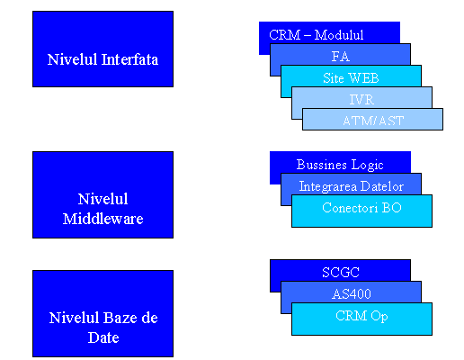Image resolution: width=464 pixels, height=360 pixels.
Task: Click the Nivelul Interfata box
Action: coord(103,49)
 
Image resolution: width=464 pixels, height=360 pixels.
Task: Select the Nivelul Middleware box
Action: coord(103,194)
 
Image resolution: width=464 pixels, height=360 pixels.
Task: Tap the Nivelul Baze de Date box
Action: coord(103,313)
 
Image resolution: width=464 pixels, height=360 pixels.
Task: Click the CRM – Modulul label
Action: coord(317,35)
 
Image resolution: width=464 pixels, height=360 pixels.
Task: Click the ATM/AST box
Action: coord(372,119)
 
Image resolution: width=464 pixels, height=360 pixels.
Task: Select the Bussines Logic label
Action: coord(340,165)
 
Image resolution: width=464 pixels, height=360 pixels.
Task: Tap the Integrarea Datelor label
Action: coord(352,186)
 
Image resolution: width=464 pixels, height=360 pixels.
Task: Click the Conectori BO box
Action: coord(361,211)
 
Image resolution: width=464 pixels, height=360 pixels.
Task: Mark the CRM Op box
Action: coord(361,319)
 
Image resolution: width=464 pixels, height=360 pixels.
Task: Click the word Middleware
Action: coord(103,219)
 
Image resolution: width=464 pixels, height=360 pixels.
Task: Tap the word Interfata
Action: coord(129,59)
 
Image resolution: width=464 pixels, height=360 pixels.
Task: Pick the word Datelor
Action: coord(382,186)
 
